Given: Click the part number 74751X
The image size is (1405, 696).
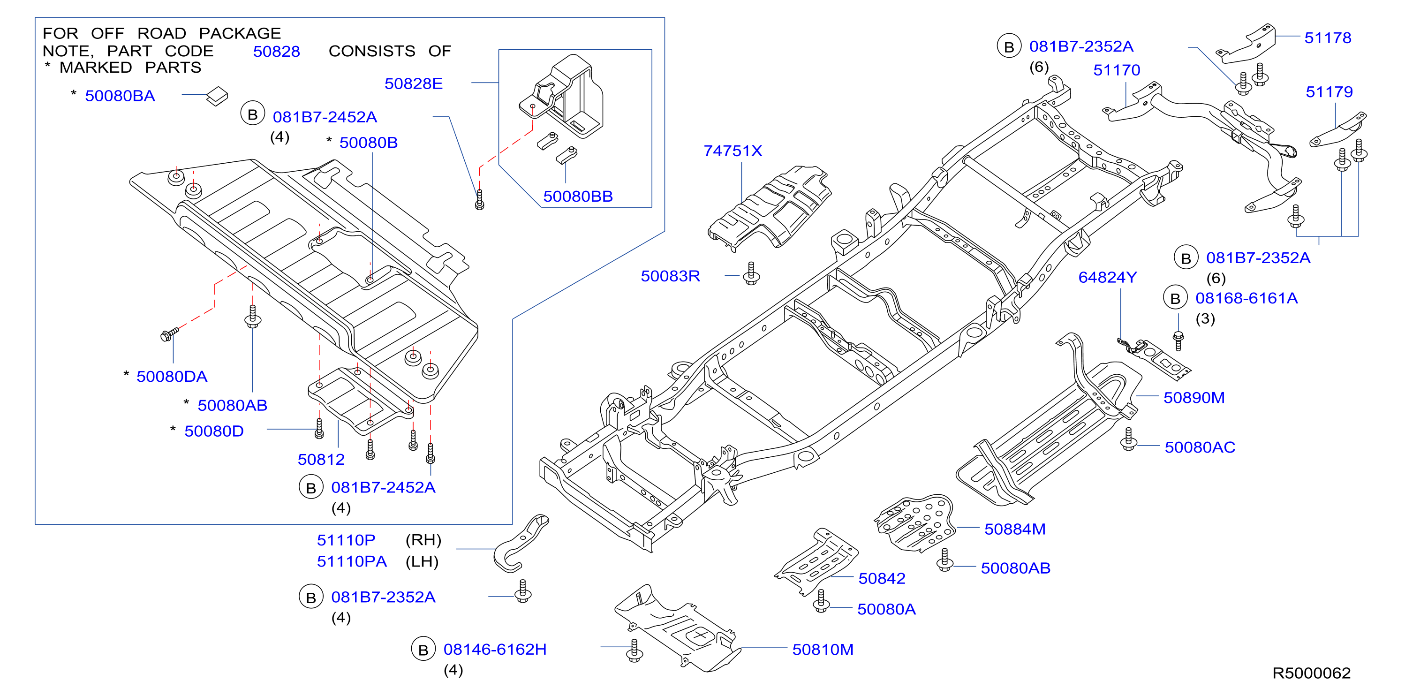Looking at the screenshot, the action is click(x=733, y=151).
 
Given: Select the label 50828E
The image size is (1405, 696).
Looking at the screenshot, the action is click(x=414, y=84).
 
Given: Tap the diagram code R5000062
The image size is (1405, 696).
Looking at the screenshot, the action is click(x=1311, y=673).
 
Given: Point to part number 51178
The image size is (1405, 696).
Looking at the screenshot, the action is click(x=1328, y=38).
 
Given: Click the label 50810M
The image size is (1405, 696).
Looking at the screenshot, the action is click(x=823, y=650).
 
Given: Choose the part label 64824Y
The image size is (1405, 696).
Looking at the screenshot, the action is click(x=1107, y=278).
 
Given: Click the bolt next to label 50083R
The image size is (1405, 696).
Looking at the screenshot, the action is click(x=752, y=274).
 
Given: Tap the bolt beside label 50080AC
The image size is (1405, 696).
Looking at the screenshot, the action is click(x=1128, y=439).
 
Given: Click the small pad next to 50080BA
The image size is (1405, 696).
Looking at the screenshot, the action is click(x=217, y=97).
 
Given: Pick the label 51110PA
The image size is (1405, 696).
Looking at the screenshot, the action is click(x=352, y=562).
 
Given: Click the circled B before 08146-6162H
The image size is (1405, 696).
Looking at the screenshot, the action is click(x=423, y=649).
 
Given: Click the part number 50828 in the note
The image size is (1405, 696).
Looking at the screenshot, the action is click(x=277, y=52).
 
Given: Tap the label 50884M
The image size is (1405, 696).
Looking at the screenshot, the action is click(x=1014, y=529).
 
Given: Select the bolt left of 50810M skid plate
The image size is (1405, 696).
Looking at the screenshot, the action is click(x=634, y=651).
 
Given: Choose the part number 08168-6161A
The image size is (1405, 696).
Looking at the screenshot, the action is click(x=1246, y=298).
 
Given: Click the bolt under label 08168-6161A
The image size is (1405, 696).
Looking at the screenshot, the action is click(x=1178, y=340).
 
